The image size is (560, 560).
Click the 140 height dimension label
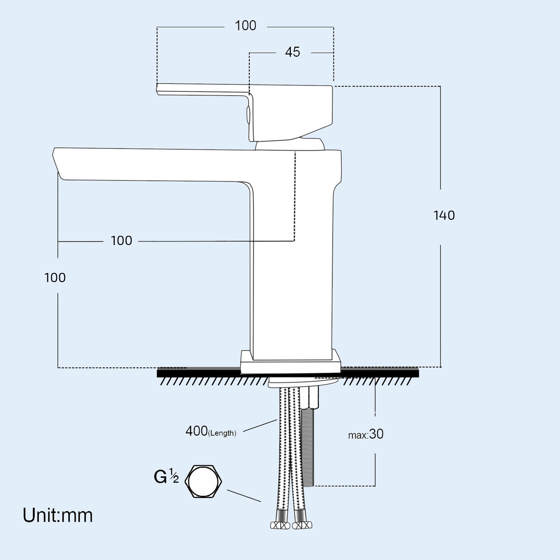(444, 215)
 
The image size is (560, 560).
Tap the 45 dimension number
(292, 52)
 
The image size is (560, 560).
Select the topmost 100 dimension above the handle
(245, 26)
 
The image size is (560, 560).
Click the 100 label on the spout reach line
(121, 241)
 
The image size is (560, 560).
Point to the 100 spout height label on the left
(55, 278)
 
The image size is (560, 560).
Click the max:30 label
(366, 434)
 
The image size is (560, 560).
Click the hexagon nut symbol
(203, 481)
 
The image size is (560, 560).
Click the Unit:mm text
(58, 516)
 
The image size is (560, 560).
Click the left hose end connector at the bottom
(280, 525)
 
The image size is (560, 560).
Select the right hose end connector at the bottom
(302, 525)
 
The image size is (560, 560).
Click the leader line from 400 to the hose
(260, 426)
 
